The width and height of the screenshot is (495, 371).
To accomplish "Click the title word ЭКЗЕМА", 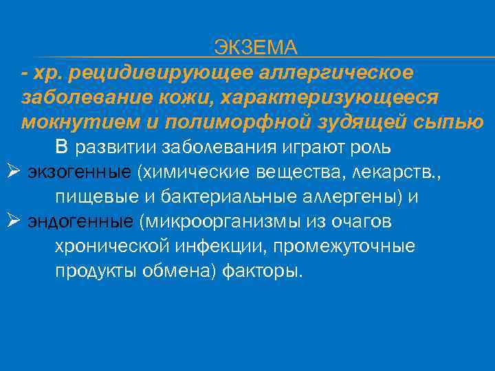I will [x=255, y=47].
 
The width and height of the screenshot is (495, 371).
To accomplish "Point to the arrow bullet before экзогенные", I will [x=11, y=172].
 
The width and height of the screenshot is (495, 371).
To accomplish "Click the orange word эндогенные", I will [x=80, y=222].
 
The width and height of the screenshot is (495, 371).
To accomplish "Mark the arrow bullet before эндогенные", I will [x=11, y=221].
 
